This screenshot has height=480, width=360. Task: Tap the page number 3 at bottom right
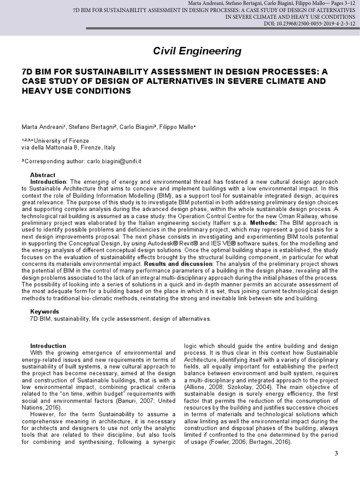pos(336,453)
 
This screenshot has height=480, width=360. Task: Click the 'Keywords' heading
pos(45,311)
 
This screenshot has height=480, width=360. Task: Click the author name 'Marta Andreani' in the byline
pos(42,127)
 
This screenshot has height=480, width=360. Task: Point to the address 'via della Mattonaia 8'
pos(50,147)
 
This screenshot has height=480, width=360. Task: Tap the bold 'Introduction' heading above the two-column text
pos(48,346)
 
